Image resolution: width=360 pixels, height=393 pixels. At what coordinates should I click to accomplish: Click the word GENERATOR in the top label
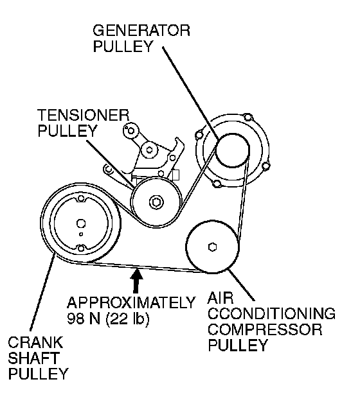pos(141,31)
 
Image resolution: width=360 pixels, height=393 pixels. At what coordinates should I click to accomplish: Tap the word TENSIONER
pos(84,116)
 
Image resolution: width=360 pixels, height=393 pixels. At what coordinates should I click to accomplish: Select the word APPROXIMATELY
pos(131,302)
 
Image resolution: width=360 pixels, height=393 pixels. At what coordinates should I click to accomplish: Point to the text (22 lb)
pos(128,319)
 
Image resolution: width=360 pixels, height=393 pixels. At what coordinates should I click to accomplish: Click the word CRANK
pos(35,342)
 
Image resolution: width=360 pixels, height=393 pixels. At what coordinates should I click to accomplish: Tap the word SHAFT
pos(34,358)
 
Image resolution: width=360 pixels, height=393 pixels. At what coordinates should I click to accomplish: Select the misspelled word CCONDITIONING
pos(271,314)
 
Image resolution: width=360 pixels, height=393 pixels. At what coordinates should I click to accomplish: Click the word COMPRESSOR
pos(265,329)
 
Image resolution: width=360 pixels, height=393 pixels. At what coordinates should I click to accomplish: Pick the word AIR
pos(221,298)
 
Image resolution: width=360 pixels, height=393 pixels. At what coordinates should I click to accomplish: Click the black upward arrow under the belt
pos(136,280)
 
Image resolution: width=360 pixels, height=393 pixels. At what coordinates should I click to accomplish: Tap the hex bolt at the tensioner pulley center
pos(156,202)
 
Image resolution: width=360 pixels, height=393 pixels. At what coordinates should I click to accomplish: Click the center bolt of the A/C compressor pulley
pos(213,247)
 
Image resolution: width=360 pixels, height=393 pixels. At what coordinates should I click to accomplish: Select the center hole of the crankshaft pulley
pos(81,223)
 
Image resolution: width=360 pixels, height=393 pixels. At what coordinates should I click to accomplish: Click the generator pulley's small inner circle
pos(232,150)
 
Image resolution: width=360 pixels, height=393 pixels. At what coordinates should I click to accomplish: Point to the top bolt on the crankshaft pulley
pos(81,198)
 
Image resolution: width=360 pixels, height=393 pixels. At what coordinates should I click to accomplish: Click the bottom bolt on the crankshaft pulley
pos(81,249)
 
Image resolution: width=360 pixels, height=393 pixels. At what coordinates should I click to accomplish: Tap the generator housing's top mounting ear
pos(248,118)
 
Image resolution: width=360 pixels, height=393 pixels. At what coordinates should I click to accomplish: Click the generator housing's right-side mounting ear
pos(265,166)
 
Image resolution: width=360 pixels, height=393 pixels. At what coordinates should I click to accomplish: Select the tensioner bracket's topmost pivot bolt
pos(130,130)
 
